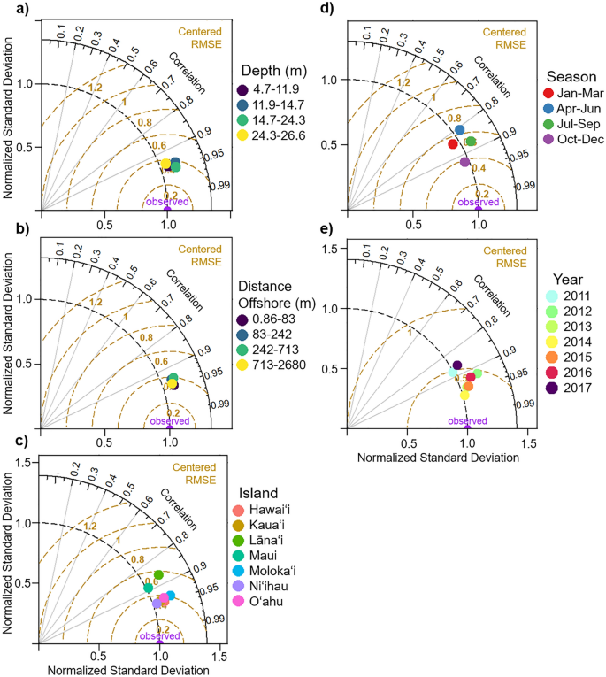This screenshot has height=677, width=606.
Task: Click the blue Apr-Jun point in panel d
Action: [460, 130]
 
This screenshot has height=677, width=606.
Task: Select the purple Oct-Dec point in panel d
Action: [465, 162]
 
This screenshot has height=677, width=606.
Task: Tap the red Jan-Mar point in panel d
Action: [453, 143]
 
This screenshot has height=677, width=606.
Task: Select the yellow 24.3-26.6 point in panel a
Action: [165, 164]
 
